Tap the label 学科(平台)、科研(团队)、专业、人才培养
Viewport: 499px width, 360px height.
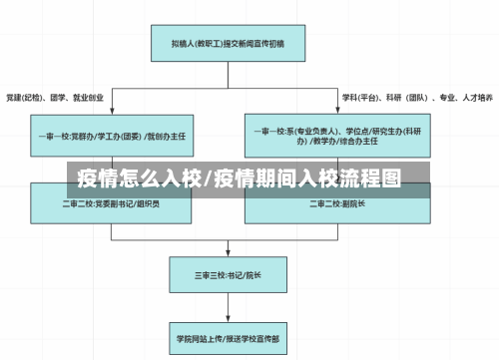416,99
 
